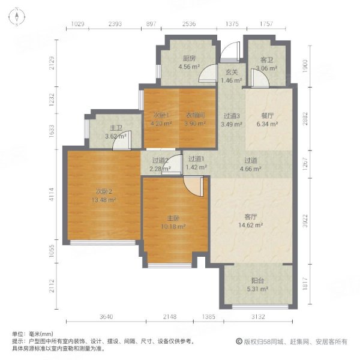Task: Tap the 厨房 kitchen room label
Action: click(x=190, y=59)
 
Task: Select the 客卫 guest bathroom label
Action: click(x=267, y=60)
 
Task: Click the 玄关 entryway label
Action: click(x=232, y=72)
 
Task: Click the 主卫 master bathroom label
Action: click(x=116, y=128)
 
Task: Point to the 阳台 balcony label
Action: click(x=259, y=280)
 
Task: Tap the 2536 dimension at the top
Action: click(x=189, y=24)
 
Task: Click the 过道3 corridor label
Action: click(x=232, y=116)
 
